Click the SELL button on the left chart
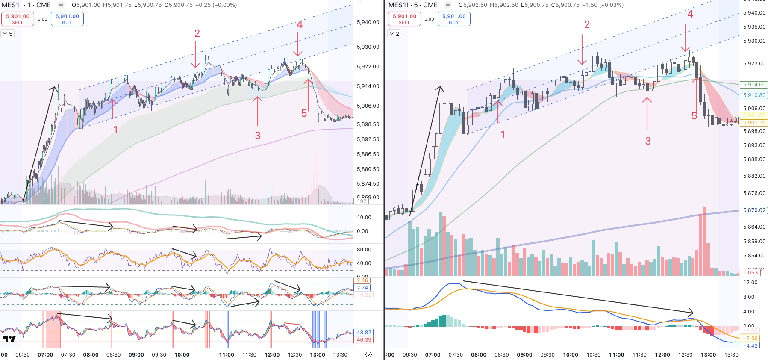tap(18, 19)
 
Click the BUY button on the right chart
tap(454, 19)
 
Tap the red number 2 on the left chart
tap(197, 33)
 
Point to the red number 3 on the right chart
tap(648, 141)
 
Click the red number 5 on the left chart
tap(304, 113)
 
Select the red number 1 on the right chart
tap(503, 135)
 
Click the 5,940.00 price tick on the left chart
tap(368, 22)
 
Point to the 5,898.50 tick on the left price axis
tap(368, 124)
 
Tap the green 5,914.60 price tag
tap(754, 85)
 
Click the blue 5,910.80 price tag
tap(754, 95)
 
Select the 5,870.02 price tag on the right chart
tap(754, 210)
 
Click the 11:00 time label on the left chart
tap(227, 355)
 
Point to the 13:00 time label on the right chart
tap(708, 355)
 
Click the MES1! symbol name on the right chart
tap(398, 5)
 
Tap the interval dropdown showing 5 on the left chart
tap(8, 34)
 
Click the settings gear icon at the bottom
tap(369, 354)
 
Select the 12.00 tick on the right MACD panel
tap(750, 283)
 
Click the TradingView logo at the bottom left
tap(9, 339)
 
